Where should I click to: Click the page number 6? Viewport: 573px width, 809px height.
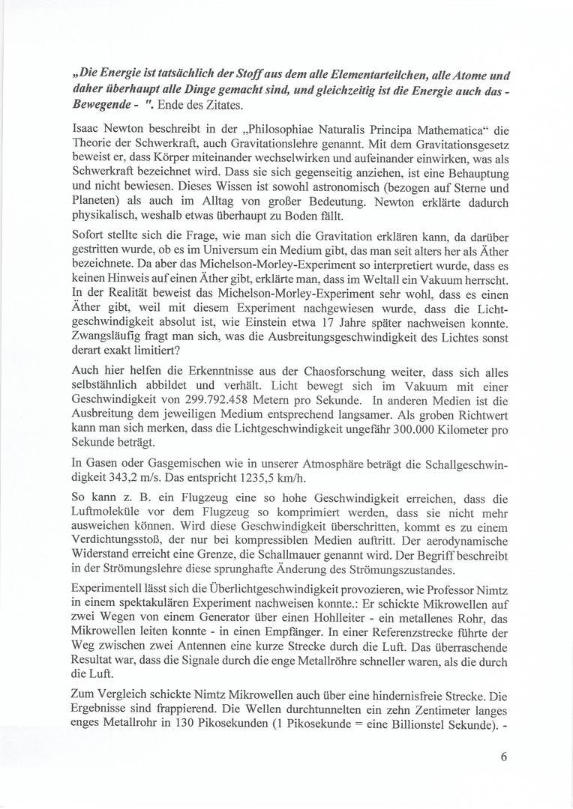pyautogui.click(x=504, y=756)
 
